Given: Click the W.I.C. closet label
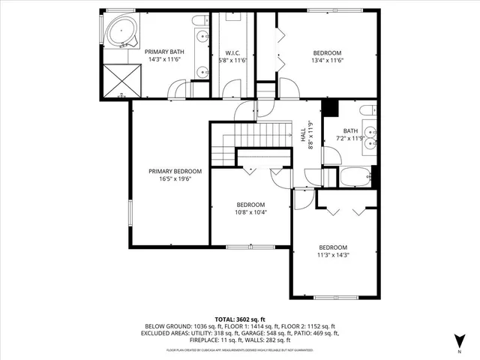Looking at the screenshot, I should pos(232,52).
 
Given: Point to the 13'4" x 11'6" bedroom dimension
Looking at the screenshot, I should pos(328,61).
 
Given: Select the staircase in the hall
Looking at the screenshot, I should pos(255,135).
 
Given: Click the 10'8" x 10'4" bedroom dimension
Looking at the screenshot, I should pos(250,212).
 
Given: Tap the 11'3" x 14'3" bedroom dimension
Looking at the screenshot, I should pos(334,256).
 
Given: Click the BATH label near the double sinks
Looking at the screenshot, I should pos(351,130).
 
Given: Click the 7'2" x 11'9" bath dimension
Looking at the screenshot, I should pos(351,138).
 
